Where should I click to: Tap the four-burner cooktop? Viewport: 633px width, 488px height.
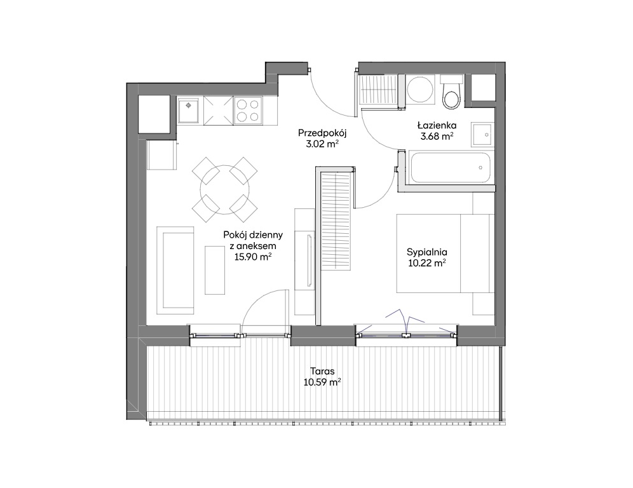[x=247, y=111]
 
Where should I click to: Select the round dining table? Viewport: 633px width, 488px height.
[x=225, y=190]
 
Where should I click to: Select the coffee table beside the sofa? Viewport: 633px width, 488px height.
[x=215, y=270]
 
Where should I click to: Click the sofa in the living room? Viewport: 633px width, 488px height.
[x=175, y=271]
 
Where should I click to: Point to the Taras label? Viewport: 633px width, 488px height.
[x=322, y=371]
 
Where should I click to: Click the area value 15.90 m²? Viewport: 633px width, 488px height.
[x=253, y=257]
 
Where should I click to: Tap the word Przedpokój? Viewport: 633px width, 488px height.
[x=323, y=133]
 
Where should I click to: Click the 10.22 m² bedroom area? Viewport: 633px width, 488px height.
[x=426, y=263]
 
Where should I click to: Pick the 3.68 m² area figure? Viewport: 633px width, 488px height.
[x=437, y=137]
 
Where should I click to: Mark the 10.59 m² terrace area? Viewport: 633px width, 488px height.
[x=322, y=382]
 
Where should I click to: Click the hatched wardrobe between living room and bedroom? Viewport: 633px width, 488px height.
[x=336, y=220]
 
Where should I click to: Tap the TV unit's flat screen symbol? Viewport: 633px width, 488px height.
[x=310, y=261]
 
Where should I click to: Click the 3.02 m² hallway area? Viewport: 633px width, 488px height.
[x=322, y=144]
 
